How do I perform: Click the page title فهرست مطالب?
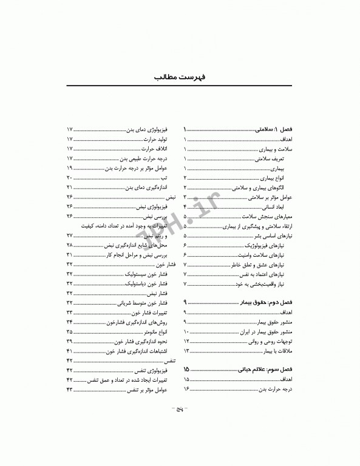pos(180,78)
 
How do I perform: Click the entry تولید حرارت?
pos(154,139)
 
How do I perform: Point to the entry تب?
pos(164,178)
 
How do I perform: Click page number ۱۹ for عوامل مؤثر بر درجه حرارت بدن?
pos(70,168)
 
